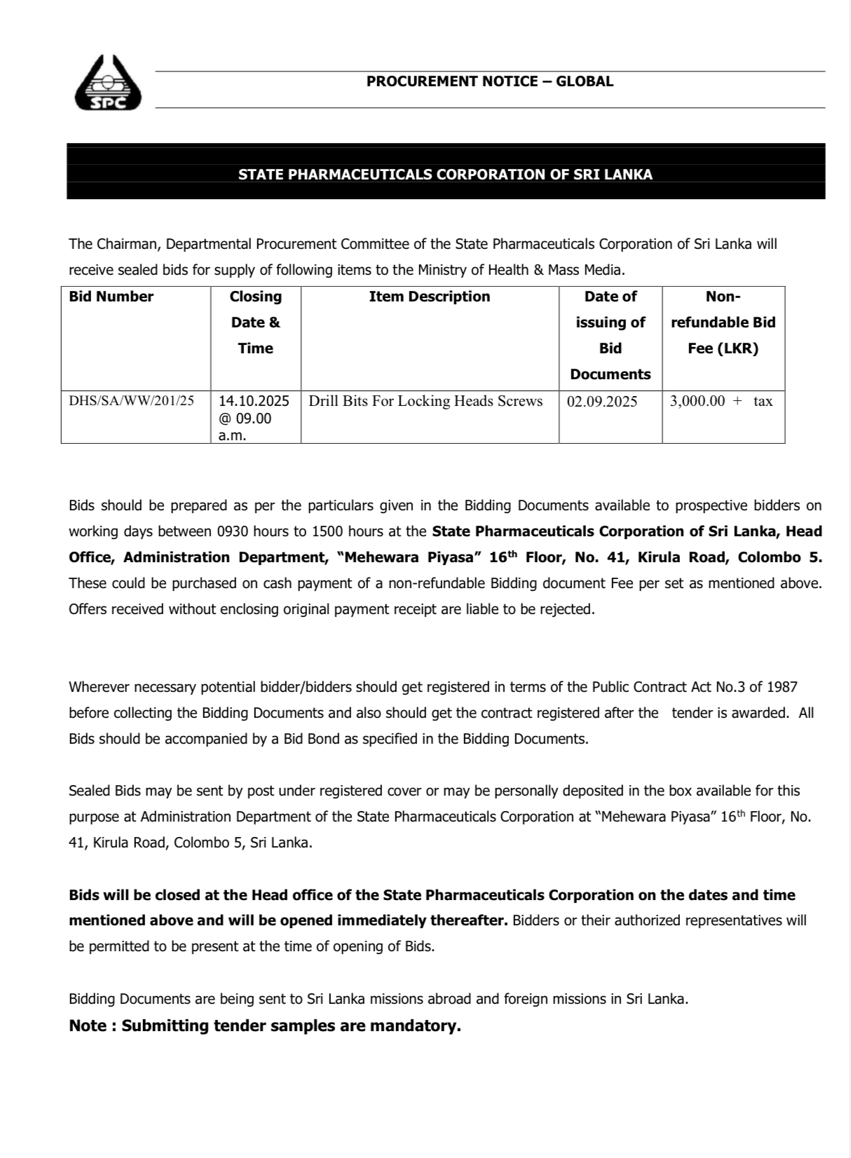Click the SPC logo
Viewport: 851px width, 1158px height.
point(107,83)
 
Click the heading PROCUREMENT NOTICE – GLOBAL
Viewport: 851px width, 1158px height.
point(489,81)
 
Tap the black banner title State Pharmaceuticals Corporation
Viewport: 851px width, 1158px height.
point(445,175)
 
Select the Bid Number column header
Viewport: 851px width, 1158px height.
point(111,297)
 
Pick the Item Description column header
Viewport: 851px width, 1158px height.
point(429,297)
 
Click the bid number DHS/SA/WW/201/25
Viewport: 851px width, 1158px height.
point(131,401)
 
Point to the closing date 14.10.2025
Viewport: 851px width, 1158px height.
point(254,401)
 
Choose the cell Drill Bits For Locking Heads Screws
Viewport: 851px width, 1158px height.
point(425,401)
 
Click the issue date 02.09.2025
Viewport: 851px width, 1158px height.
point(602,402)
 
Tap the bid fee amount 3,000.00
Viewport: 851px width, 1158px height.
point(697,401)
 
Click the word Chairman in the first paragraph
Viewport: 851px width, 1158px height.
point(125,244)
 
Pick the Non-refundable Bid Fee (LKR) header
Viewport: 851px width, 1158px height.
point(723,322)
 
